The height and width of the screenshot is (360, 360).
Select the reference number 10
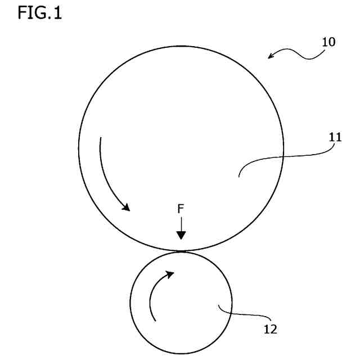[x=328, y=42]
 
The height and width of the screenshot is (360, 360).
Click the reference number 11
[x=336, y=137]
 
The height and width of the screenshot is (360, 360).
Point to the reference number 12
[x=270, y=330]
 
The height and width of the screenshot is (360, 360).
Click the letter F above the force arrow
[x=181, y=209]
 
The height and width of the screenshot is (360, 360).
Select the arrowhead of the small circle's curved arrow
[x=170, y=274]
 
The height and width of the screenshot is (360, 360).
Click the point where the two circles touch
[x=181, y=250]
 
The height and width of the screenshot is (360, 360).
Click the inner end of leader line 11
[x=238, y=177]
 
